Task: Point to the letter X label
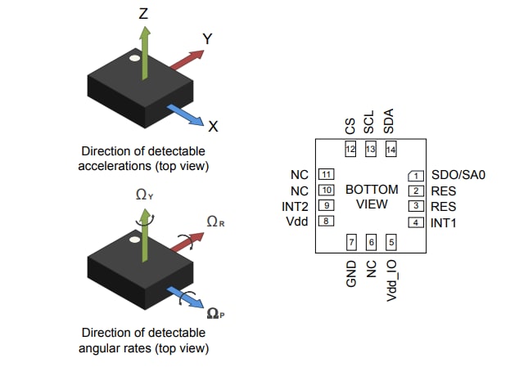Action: tap(213, 127)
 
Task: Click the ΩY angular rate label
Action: tap(146, 195)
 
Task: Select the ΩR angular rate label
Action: tap(214, 222)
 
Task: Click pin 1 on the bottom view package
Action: tap(417, 176)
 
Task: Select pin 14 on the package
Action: tap(390, 150)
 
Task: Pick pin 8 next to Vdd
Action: tap(326, 221)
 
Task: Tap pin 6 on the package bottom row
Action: tap(371, 242)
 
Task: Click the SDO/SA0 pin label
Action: tap(459, 175)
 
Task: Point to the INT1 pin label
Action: tap(445, 222)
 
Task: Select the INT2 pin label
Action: tap(295, 205)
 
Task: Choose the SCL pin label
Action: tap(369, 122)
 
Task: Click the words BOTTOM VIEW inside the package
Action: tap(371, 196)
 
